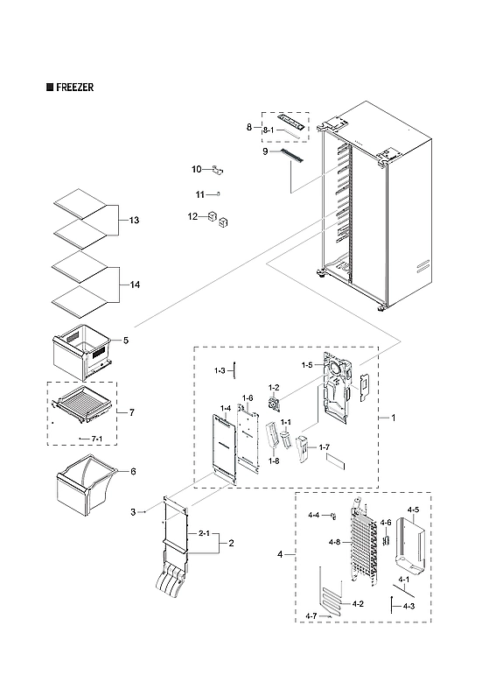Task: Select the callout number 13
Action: point(134,219)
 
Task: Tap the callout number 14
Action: point(134,285)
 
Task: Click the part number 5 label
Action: point(125,340)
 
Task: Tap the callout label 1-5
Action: point(307,364)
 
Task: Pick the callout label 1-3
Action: point(220,372)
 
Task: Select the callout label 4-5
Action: point(413,510)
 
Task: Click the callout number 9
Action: point(263,152)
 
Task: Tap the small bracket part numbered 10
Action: point(219,170)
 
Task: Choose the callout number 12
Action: point(192,216)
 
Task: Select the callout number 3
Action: point(133,511)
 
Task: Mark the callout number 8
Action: point(248,128)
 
